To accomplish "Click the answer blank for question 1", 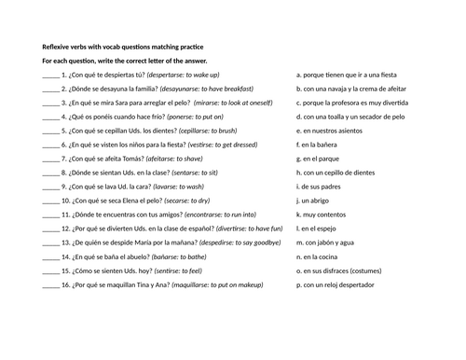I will [50, 74].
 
